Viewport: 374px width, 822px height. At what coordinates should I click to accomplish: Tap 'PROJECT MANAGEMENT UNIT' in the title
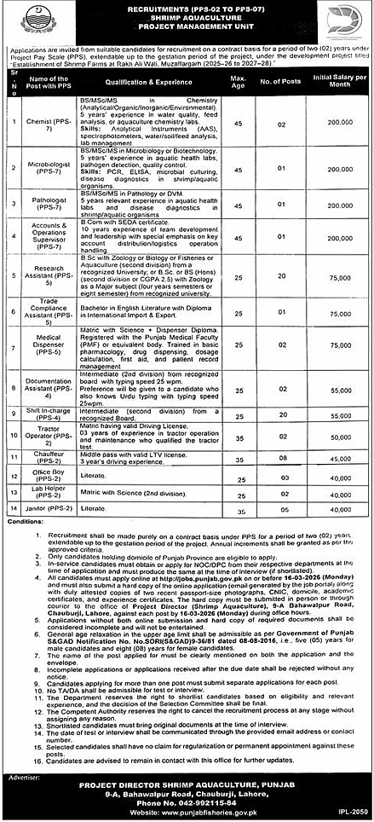(187, 32)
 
